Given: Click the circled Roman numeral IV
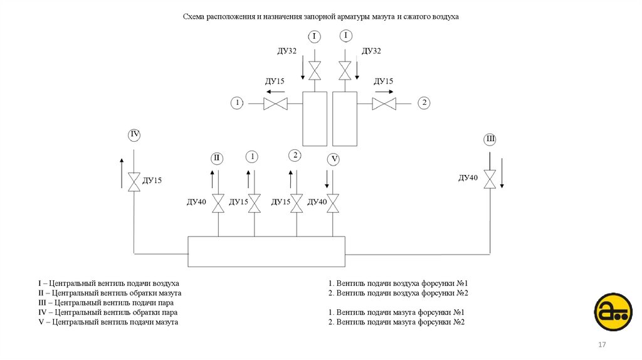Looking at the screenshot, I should (x=134, y=134).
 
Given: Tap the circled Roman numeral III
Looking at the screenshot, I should (x=490, y=139).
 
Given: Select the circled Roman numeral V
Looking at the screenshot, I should (x=334, y=160).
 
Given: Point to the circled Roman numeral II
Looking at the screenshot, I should (x=217, y=157).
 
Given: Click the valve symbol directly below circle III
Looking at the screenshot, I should (x=490, y=179).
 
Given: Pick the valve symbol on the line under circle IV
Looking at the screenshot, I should (x=134, y=181).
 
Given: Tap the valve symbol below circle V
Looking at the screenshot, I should (x=334, y=203).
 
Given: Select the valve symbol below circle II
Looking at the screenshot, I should (x=218, y=203).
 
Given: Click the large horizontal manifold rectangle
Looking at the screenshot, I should (x=266, y=252).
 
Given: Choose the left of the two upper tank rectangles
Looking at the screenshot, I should (x=315, y=119).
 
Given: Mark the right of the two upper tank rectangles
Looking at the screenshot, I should (x=345, y=119).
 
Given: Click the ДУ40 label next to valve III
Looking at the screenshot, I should (x=468, y=178).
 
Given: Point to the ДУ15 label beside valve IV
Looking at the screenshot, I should (x=152, y=181).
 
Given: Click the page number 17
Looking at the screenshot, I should (x=602, y=346).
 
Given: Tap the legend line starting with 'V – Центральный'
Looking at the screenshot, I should (x=108, y=322).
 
